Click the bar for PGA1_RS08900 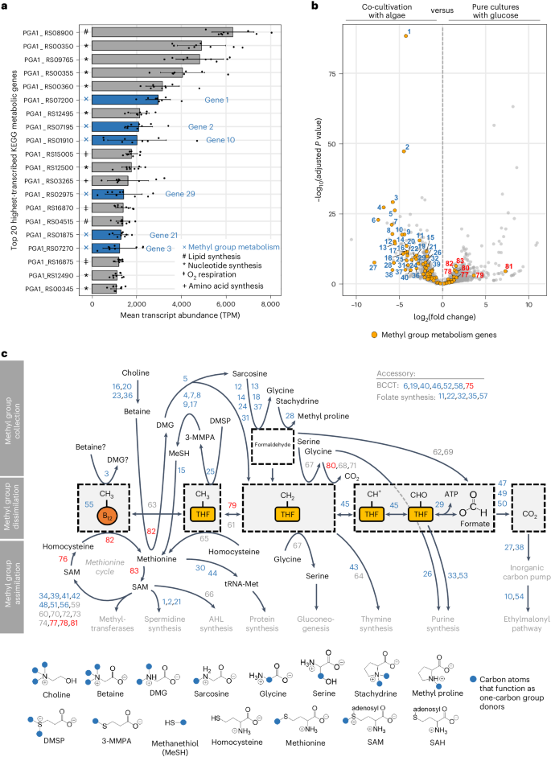[x=161, y=32]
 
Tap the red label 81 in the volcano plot [x=508, y=266]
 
